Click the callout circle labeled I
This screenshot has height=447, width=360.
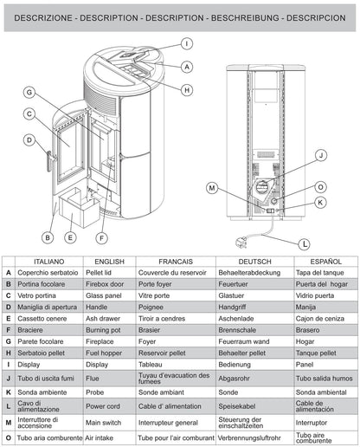[187, 43]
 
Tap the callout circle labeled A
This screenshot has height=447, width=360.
[187, 67]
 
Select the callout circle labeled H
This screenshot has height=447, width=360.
[187, 89]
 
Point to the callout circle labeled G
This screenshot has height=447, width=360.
[29, 93]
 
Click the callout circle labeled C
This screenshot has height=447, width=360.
[29, 113]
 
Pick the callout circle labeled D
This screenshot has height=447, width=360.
[29, 139]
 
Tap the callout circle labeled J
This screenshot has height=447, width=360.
[320, 155]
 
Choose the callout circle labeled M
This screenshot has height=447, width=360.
[212, 188]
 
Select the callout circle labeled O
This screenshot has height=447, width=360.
[320, 186]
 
